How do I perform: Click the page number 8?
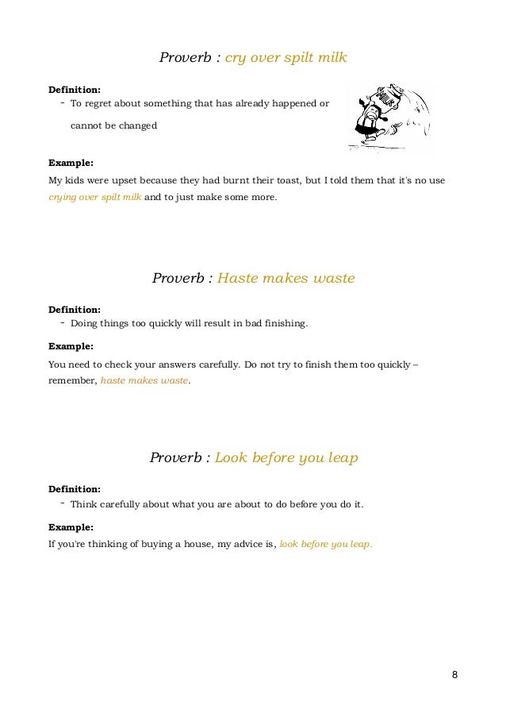coord(454,676)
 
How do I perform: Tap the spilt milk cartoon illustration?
coord(389,117)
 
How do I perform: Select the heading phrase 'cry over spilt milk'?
coord(286,58)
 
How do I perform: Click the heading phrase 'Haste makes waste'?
coord(286,279)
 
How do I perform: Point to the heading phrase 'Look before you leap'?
coord(286,458)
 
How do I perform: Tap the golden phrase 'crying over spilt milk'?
coord(95,197)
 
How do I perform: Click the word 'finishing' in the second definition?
coord(284,324)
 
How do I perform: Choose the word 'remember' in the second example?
coord(72,381)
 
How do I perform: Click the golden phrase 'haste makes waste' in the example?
coord(145,381)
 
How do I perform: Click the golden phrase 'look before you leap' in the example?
coord(325,545)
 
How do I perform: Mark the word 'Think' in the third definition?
coord(83,504)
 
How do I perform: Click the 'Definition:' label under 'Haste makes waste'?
coord(75,309)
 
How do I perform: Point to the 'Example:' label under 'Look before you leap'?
coord(71,526)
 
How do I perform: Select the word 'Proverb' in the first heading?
coord(185,58)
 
